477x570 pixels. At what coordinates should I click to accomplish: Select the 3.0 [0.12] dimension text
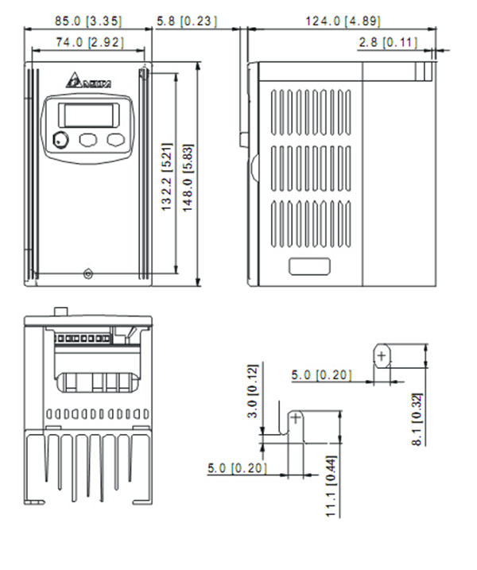pos(253,390)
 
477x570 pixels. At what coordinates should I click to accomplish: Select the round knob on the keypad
pos(60,141)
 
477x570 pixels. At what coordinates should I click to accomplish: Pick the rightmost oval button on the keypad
pos(116,140)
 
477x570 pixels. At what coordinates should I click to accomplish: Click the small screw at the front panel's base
pos(87,274)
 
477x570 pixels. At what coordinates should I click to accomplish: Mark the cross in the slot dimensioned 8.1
pos(382,355)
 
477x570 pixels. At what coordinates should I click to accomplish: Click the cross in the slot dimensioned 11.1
pos(296,418)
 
